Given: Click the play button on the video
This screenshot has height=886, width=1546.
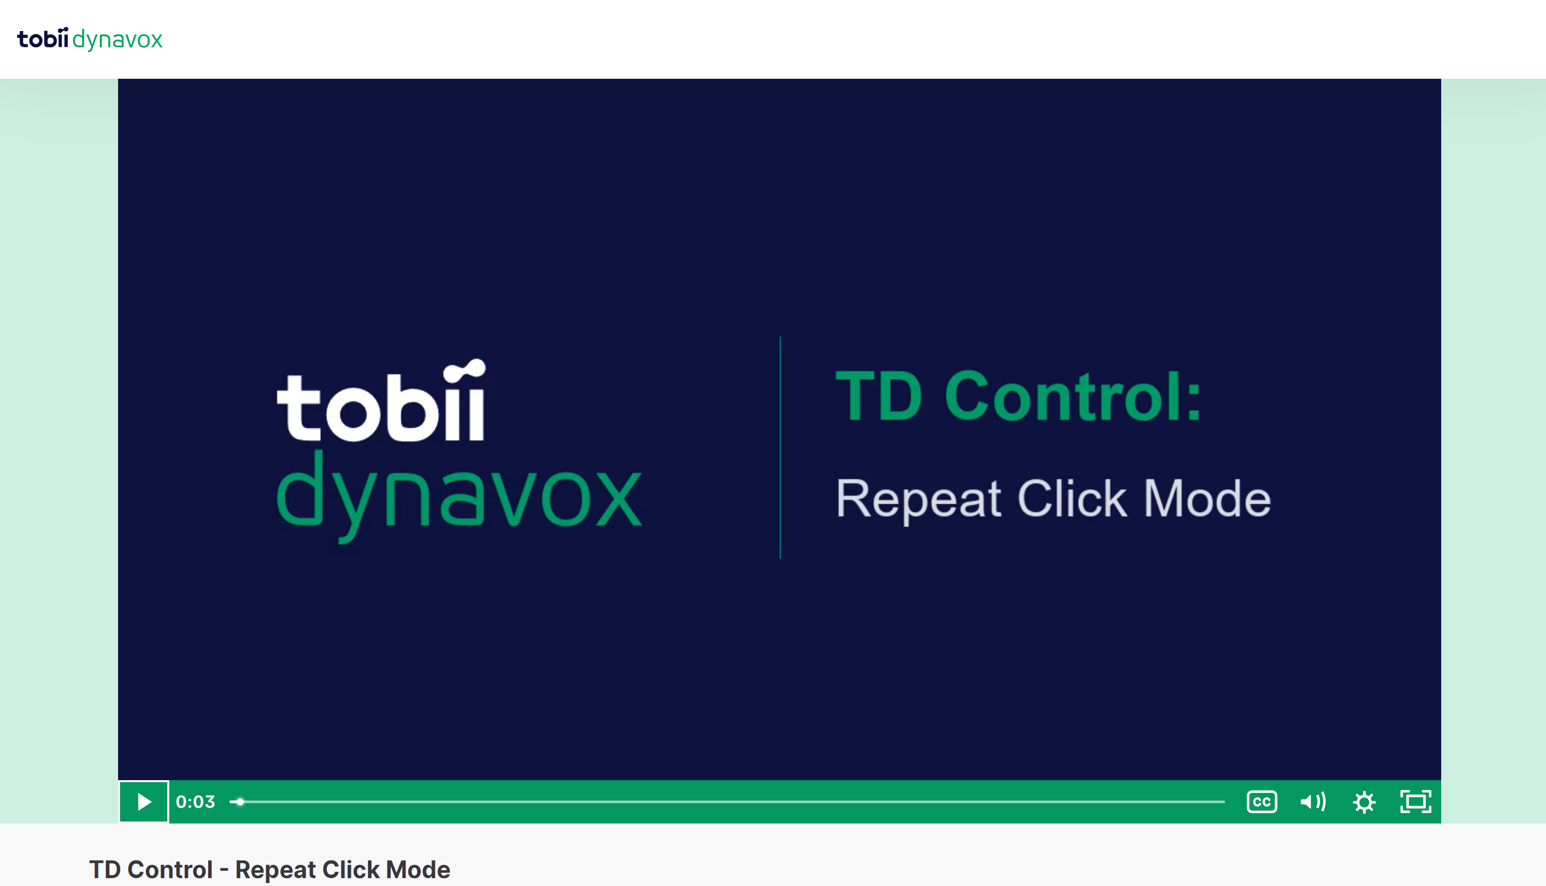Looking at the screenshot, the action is tap(144, 801).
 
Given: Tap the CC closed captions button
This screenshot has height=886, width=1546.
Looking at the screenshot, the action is tap(1262, 801).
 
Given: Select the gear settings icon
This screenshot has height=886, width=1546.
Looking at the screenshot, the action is tap(1364, 802).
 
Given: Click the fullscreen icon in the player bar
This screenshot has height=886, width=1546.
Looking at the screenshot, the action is tap(1415, 801).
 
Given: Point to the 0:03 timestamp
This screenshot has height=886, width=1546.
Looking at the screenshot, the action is tap(195, 801).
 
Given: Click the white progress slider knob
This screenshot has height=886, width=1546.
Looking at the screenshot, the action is tap(240, 801).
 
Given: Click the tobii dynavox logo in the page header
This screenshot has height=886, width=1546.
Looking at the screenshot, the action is tap(90, 39).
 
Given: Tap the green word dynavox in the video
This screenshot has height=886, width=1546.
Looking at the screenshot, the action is tap(459, 496).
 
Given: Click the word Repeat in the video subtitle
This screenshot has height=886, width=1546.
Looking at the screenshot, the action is tap(918, 499).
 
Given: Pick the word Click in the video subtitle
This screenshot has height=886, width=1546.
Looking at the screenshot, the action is tap(1072, 498).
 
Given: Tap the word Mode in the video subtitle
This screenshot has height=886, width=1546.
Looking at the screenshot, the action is tap(1207, 498).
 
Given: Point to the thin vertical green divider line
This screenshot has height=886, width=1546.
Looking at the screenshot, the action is tap(780, 447).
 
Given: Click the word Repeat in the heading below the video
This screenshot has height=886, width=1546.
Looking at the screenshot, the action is tap(276, 870).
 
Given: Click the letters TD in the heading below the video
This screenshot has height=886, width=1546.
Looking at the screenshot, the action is tap(105, 870).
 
